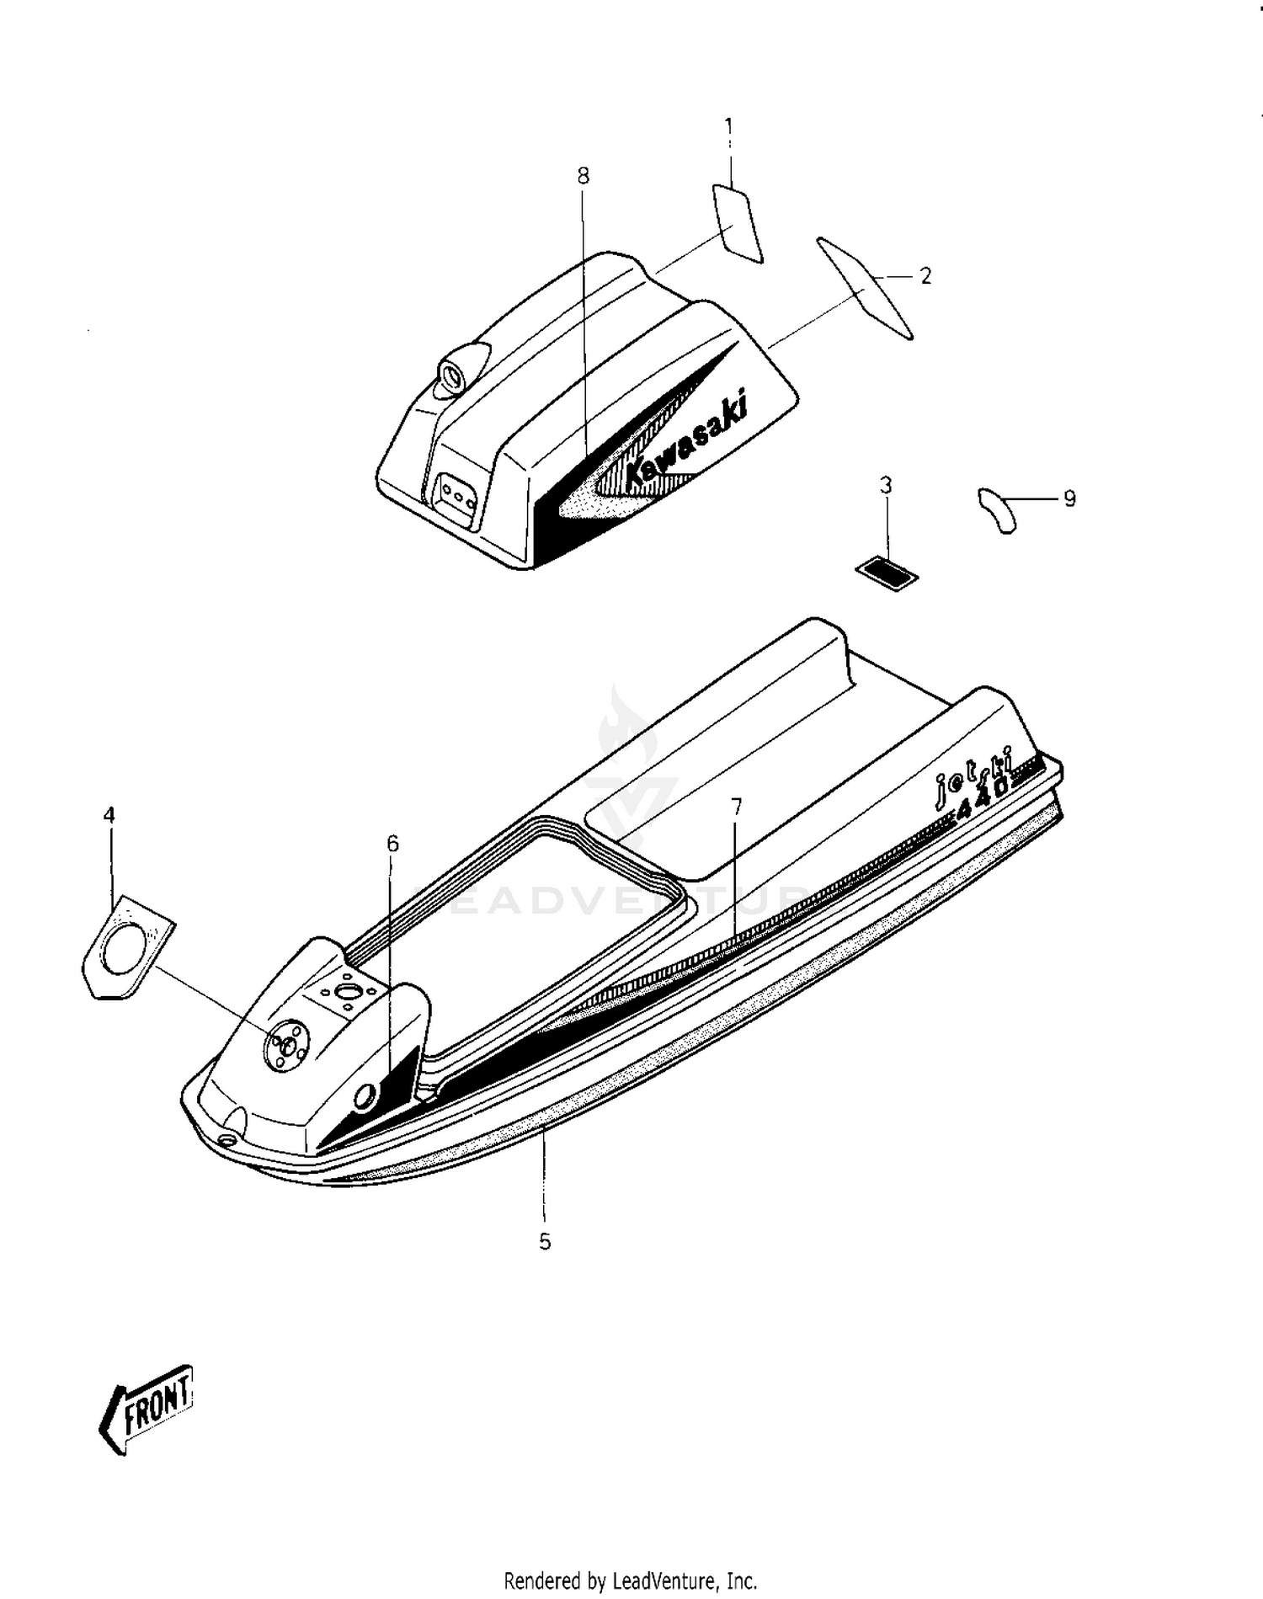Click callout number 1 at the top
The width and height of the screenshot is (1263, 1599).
click(729, 127)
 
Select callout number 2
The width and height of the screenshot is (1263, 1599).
click(925, 276)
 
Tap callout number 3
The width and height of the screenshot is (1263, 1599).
click(886, 485)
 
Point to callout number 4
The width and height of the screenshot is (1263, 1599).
click(109, 815)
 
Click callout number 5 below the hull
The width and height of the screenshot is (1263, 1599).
click(545, 1241)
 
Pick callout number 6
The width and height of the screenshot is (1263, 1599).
click(392, 844)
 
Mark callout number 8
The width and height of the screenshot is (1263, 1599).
click(584, 176)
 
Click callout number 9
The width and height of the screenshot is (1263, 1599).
click(1069, 499)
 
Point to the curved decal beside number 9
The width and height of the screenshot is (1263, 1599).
click(997, 509)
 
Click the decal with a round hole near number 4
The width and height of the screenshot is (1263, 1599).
click(130, 946)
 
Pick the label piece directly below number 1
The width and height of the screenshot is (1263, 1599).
click(738, 223)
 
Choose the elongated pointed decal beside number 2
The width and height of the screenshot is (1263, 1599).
click(865, 288)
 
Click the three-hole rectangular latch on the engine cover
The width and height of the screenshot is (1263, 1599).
click(456, 497)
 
